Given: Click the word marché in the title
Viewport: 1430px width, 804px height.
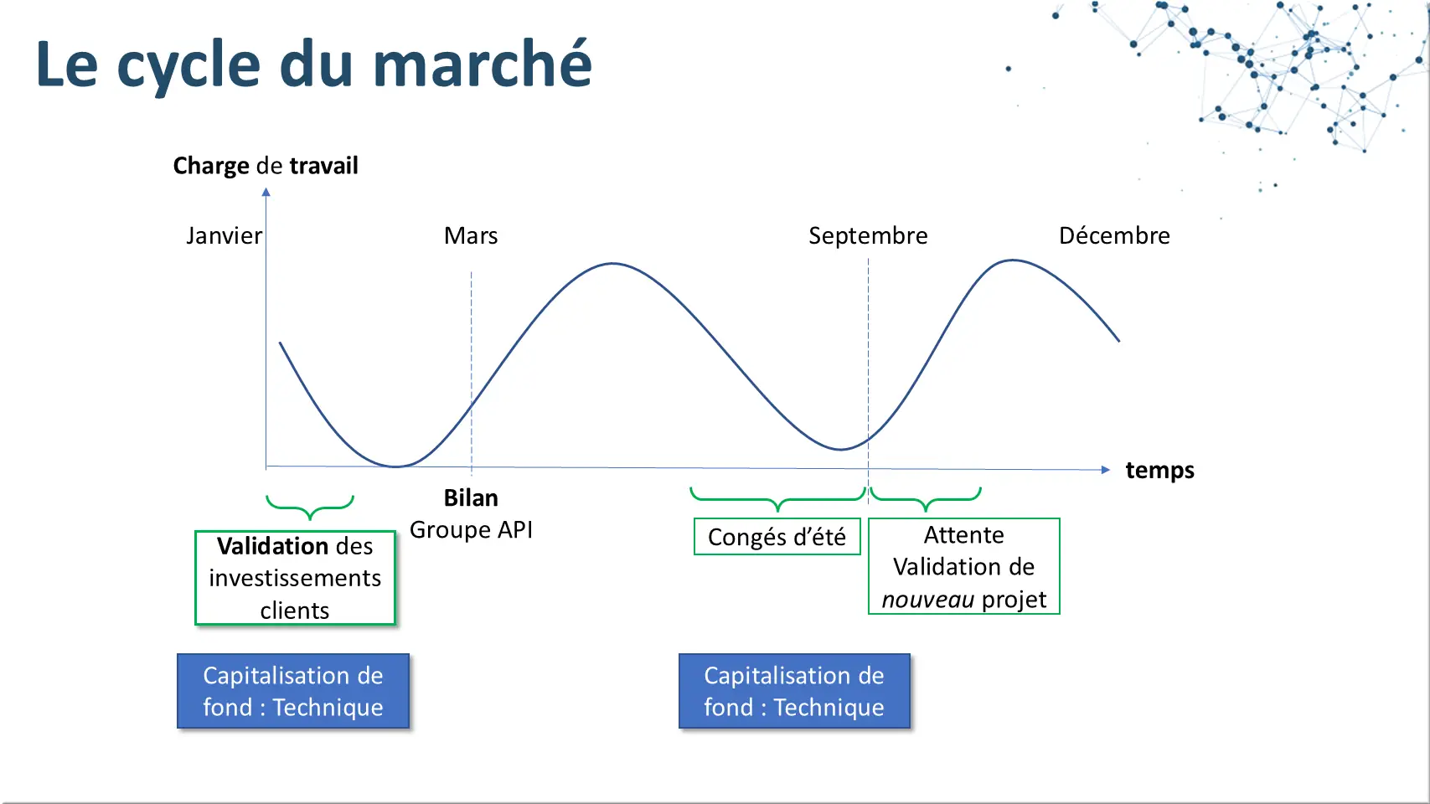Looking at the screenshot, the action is click(483, 64).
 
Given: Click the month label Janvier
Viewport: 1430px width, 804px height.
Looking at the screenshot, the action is click(224, 236).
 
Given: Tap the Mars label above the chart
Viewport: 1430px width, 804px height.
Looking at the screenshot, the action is click(471, 236).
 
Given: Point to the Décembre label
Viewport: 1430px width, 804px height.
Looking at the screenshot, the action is click(1115, 236).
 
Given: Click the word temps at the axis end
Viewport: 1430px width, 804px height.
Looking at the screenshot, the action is click(1160, 471).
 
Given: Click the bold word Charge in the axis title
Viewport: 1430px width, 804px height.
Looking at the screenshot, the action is click(211, 167).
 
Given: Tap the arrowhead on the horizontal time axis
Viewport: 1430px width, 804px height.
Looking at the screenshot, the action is click(1106, 470).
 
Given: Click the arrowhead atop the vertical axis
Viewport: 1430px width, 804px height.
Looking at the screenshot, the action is click(266, 192).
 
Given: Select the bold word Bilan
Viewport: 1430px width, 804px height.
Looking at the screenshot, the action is click(471, 498).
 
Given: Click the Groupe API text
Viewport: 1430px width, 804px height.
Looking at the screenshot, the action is click(471, 530).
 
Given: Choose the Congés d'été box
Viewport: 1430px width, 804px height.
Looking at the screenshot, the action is click(777, 537).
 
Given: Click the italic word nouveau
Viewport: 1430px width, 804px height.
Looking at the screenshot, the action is click(928, 600).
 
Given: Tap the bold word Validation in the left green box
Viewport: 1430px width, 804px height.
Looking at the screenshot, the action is click(272, 546).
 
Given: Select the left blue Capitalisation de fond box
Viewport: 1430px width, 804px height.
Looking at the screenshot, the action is click(293, 691).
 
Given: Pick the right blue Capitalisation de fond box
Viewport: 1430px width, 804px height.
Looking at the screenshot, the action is click(794, 691).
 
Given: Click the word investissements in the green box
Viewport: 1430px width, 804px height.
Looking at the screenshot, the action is click(295, 578).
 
